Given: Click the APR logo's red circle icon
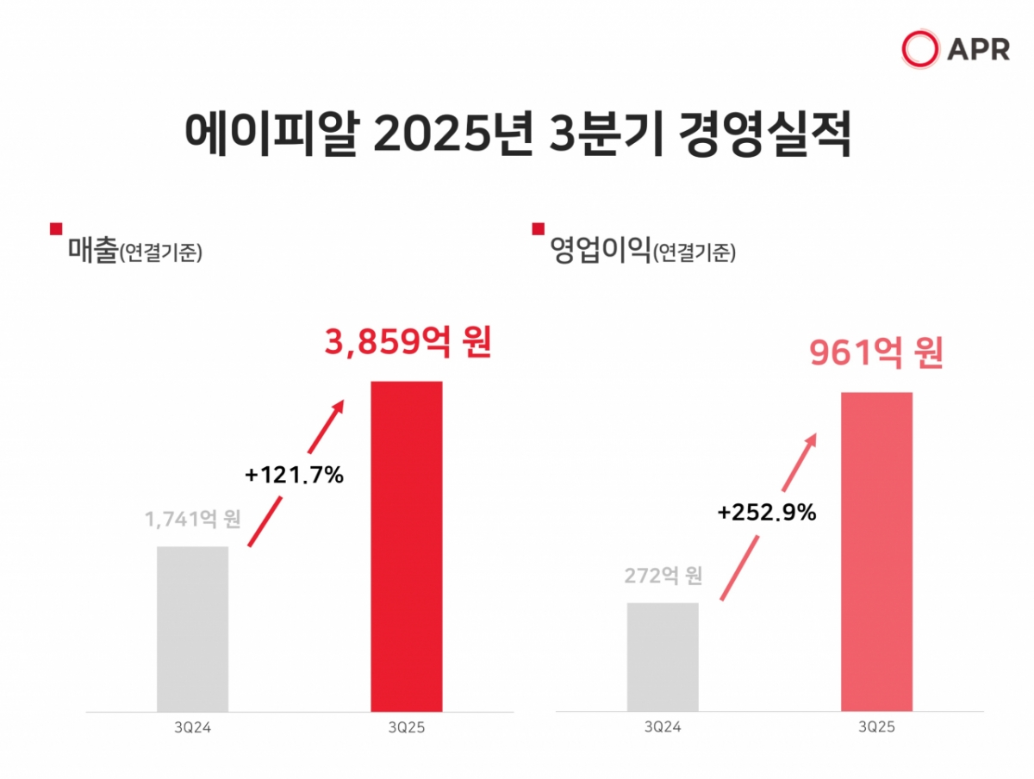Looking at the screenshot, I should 919,48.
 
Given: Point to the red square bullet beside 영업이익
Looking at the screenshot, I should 539,228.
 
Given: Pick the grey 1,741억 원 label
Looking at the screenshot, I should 192,520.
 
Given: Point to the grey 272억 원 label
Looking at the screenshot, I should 663,576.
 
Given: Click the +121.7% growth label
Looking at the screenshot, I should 294,474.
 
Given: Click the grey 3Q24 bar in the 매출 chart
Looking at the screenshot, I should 192,629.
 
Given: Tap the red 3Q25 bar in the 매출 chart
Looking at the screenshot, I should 407,546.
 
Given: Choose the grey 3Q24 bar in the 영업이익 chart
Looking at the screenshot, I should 663,657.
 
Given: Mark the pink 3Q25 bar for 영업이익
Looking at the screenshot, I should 876,552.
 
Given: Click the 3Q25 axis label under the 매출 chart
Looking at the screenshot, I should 407,728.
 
